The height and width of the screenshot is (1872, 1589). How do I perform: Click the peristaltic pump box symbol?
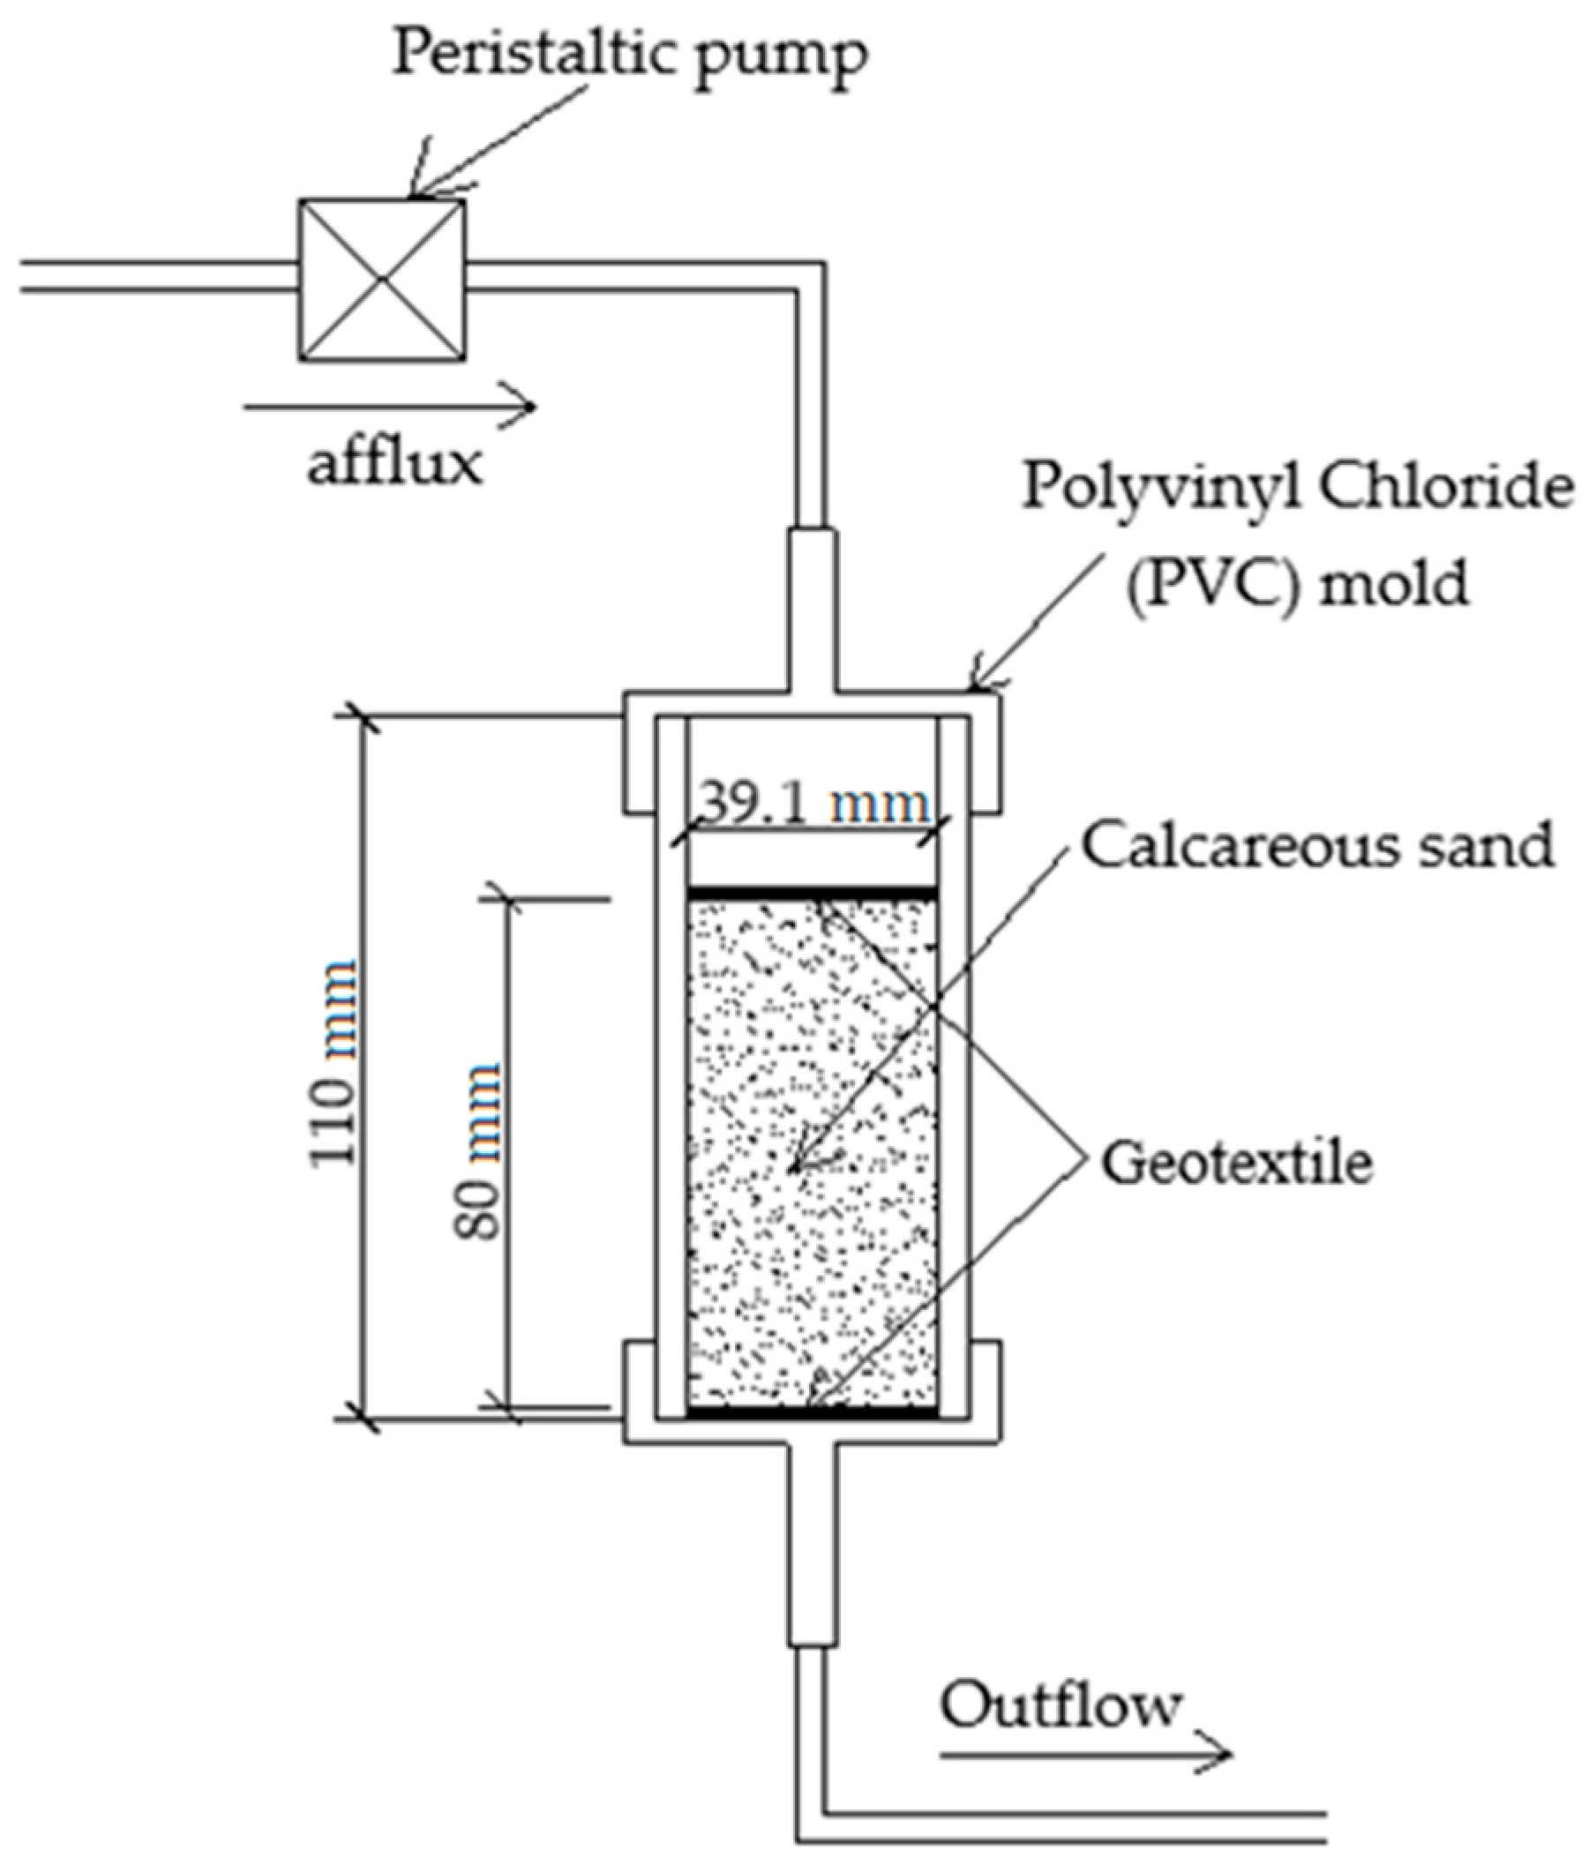click(382, 281)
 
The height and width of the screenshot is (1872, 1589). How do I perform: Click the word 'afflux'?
click(394, 466)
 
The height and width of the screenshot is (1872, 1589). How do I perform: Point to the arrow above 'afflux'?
click(389, 407)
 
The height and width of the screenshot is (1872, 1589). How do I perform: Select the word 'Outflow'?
click(1061, 1706)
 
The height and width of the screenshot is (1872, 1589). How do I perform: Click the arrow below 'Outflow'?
click(1084, 1753)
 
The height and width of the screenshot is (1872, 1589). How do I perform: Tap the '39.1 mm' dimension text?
click(813, 805)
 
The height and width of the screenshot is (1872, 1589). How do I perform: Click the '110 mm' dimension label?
click(334, 1064)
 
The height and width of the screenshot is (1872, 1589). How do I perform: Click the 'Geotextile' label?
click(1237, 1163)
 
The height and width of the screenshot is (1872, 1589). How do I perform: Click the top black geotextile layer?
click(812, 893)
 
